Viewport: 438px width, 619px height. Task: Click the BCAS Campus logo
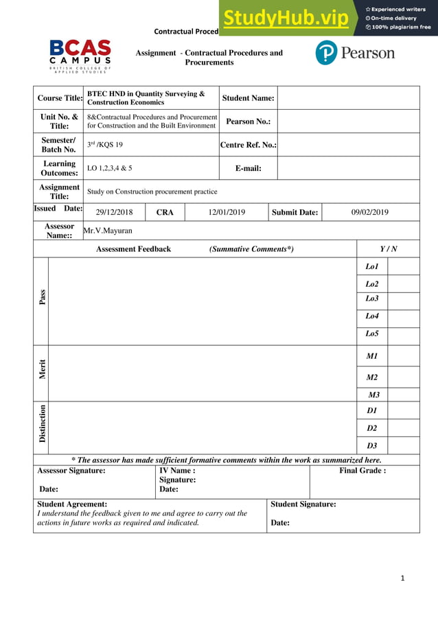tap(80, 55)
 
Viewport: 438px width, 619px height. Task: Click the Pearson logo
tap(354, 53)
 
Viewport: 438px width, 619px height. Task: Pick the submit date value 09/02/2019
tap(370, 212)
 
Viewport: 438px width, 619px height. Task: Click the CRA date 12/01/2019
tap(227, 212)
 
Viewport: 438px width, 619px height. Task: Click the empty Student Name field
tap(348, 98)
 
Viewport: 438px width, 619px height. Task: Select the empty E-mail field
tap(348, 168)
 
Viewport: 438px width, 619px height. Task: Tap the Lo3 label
tap(372, 299)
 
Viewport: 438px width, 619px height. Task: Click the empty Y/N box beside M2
tap(403, 377)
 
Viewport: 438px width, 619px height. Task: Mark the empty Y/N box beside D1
tap(403, 410)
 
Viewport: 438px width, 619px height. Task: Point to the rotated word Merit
tap(43, 369)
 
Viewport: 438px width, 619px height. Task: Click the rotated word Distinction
tap(43, 423)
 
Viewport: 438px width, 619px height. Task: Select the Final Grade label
tap(362, 471)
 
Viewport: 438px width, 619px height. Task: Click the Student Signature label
tap(303, 504)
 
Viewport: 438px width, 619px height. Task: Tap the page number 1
tap(403, 578)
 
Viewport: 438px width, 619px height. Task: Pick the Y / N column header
tap(389, 249)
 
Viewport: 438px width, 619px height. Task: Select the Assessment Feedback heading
tap(133, 249)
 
